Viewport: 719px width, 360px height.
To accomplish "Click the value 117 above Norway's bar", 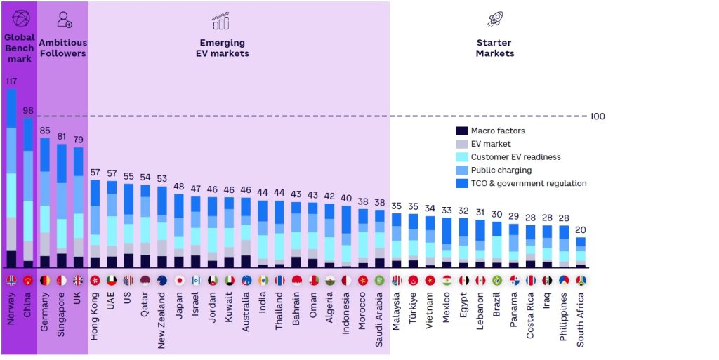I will (x=11, y=81).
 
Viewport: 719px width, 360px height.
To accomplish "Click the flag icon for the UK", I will (x=79, y=280).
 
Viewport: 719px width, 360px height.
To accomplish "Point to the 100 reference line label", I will (x=597, y=116).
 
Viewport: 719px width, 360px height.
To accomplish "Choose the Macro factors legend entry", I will (x=491, y=131).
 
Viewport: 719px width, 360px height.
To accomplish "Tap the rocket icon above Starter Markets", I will (x=494, y=20).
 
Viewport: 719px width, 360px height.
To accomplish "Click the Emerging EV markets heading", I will (x=223, y=48).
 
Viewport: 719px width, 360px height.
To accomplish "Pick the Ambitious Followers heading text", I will (x=62, y=48).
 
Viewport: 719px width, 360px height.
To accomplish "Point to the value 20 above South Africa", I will (x=581, y=230).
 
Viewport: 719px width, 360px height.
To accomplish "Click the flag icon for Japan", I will (x=179, y=280).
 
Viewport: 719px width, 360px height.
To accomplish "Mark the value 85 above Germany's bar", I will (x=45, y=130).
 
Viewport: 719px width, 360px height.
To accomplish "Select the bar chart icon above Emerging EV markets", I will (x=220, y=21).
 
